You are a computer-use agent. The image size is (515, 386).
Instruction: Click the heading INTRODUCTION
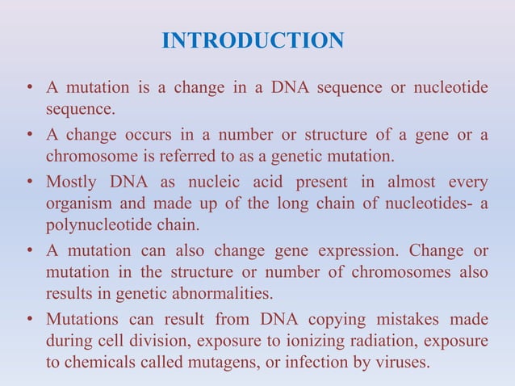pos(253,40)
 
